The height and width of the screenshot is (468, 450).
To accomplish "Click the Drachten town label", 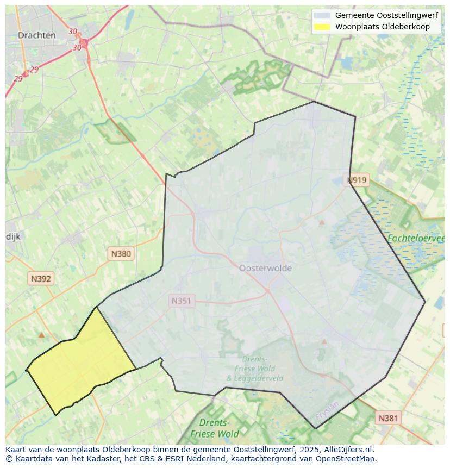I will pos(36,35).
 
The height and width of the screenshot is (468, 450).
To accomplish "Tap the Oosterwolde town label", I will pos(265,268).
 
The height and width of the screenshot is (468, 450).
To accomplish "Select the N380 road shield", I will pos(121,253).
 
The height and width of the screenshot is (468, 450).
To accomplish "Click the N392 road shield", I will pos(41,279).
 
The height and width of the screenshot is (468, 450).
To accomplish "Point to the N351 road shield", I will pos(182,301).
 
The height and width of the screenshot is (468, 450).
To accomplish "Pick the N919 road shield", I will pos(357,180).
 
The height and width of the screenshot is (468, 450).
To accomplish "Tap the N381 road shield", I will pos(387,417).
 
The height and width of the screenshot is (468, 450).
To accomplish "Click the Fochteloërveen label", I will pos(416,238).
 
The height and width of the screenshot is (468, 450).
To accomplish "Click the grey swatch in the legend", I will pos(322,16).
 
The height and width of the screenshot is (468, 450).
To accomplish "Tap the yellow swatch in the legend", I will pos(322,27).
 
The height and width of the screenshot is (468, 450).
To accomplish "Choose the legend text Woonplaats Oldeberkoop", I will pos(382,27).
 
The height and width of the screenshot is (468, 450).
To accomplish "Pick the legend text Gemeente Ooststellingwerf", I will pos(386,16).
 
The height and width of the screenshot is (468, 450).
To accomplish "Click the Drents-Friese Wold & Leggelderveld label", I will pos(254,369).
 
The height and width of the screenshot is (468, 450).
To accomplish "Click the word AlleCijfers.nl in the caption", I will pos(347,450).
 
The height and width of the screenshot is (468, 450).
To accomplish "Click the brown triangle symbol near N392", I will pos(41,335).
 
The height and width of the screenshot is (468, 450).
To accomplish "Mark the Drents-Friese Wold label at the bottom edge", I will pos(214,428).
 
